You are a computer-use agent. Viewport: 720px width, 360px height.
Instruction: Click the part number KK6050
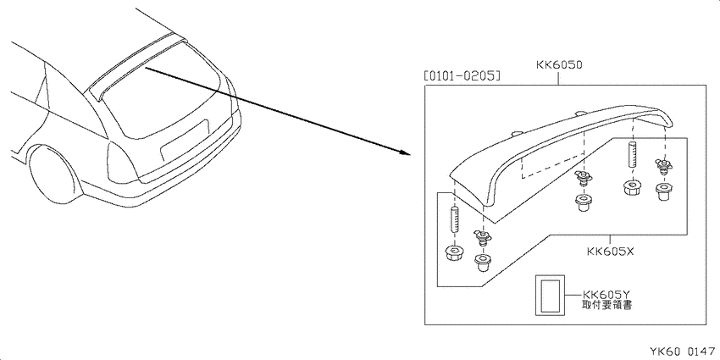tap(559, 64)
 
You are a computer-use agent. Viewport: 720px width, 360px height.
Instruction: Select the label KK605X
tap(610, 252)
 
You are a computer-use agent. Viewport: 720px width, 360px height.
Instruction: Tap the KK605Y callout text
tap(605, 294)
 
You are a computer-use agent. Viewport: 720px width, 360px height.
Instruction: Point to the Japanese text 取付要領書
tap(606, 305)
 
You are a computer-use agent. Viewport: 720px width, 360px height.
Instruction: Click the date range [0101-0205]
tap(462, 75)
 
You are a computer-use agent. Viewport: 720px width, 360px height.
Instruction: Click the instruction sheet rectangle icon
tap(549, 296)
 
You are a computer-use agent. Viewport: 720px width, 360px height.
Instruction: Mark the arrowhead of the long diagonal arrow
tap(404, 152)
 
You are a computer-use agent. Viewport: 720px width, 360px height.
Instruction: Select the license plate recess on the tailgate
tap(185, 138)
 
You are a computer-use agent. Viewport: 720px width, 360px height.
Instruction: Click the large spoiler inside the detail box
tap(560, 152)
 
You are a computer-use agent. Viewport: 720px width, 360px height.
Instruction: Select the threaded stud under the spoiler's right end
tap(633, 154)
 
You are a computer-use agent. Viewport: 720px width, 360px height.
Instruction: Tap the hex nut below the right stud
tap(632, 189)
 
